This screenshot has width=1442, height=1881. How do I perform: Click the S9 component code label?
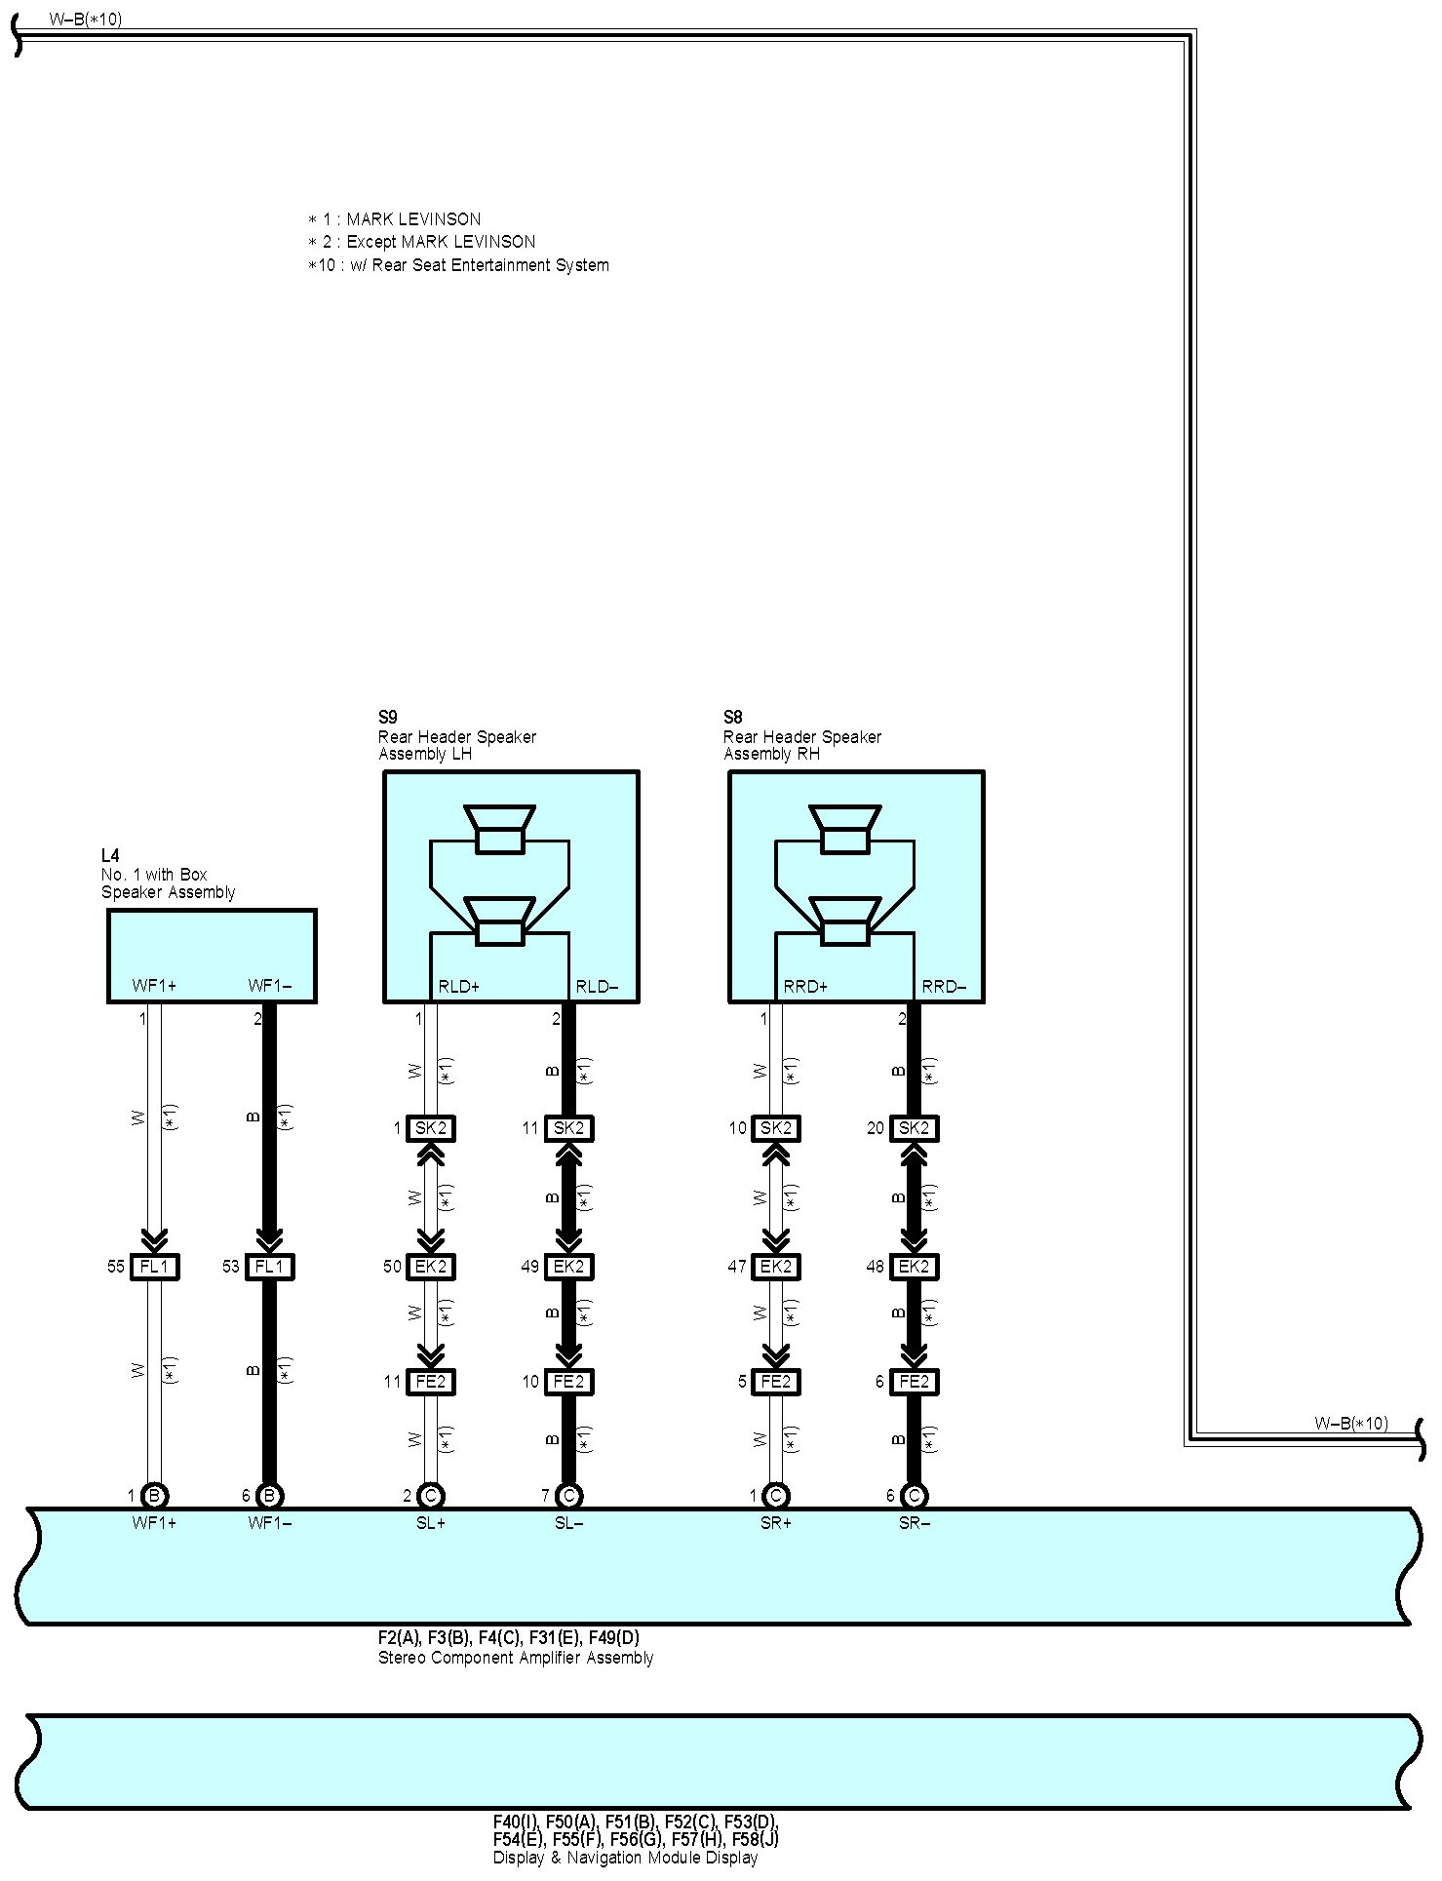387,718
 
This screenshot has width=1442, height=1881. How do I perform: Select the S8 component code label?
732,718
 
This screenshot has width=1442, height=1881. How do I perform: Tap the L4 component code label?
110,856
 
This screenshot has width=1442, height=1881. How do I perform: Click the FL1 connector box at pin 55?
155,1267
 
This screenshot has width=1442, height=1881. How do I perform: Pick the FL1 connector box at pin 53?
269,1267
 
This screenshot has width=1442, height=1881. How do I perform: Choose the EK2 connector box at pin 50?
431,1267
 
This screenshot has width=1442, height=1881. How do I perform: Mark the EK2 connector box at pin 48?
914,1267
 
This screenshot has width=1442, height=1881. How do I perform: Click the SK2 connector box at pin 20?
914,1128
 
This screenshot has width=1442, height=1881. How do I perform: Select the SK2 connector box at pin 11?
568,1128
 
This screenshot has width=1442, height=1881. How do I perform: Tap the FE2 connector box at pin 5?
776,1382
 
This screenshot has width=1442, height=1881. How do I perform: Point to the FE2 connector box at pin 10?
568,1382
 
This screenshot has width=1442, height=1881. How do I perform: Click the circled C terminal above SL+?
431,1495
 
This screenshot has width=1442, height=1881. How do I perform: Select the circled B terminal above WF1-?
270,1495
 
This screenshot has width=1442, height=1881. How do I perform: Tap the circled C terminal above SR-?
914,1495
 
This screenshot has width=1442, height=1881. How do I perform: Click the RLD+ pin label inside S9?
458,987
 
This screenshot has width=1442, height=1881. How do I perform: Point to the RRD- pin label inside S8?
944,987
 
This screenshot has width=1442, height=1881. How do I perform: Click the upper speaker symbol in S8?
845,829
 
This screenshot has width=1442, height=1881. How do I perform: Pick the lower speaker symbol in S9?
500,921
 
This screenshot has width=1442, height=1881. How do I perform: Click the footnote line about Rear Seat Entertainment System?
458,265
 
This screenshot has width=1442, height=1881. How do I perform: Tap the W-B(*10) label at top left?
86,20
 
